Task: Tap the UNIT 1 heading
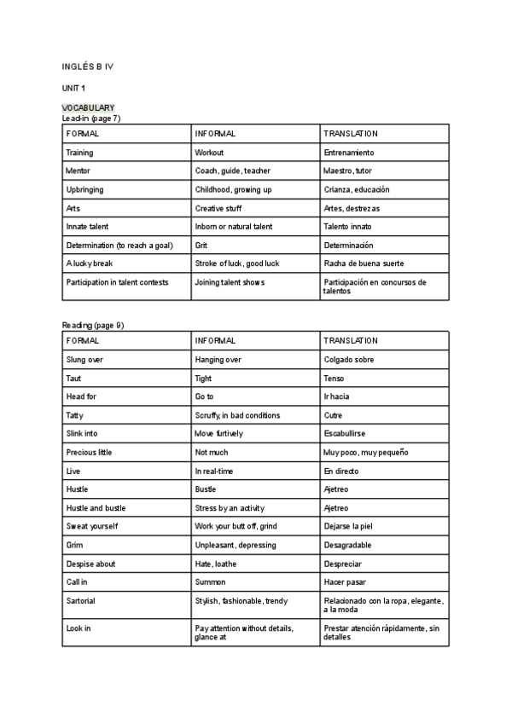73,88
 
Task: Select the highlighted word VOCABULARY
89,107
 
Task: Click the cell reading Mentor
78,171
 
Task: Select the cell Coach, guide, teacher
232,171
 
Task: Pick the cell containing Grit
201,245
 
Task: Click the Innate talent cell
87,226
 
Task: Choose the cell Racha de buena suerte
364,263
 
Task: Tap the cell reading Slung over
84,360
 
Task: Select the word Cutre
333,415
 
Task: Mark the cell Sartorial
81,600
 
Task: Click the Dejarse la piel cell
348,526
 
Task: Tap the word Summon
210,581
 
